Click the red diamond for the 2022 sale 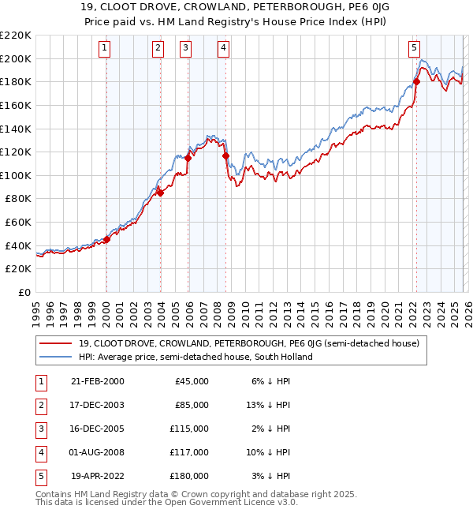[416, 81]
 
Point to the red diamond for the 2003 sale [160, 193]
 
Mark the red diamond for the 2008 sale [225, 155]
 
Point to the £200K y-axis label [16, 58]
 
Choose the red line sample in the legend [57, 343]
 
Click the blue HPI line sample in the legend [57, 357]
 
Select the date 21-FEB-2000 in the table [97, 381]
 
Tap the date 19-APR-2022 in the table [98, 476]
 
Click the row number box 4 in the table [39, 452]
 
